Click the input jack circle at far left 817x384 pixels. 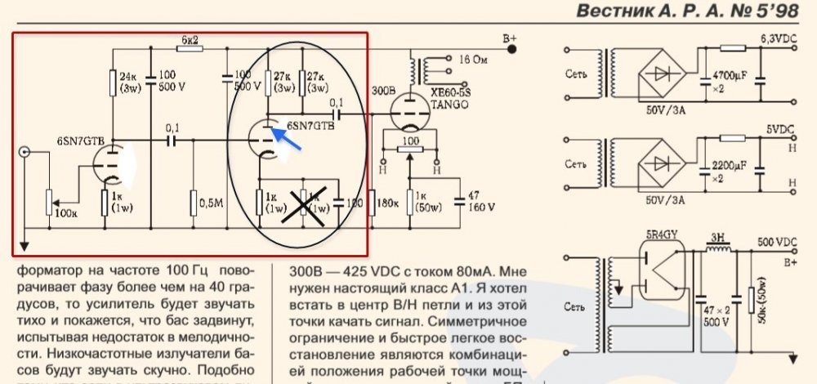point(26,152)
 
